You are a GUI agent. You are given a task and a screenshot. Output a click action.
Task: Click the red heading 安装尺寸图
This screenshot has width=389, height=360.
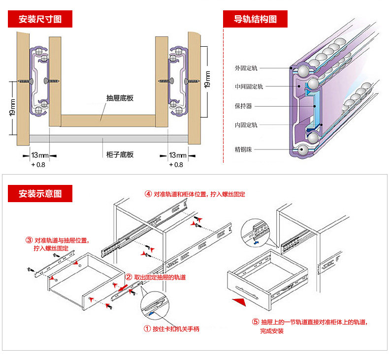(x=40, y=19)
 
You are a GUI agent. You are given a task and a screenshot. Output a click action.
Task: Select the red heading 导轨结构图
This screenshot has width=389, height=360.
(x=255, y=19)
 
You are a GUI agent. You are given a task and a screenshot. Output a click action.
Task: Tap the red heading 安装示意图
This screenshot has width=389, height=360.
(x=40, y=193)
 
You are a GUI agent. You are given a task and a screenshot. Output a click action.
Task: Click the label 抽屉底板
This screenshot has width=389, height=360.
(x=120, y=98)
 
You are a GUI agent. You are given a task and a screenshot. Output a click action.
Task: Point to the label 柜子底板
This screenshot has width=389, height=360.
(x=120, y=154)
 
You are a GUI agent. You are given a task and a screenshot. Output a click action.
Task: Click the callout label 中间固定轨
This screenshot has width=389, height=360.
(x=249, y=87)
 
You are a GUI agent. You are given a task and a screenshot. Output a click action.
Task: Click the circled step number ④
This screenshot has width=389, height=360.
(x=148, y=194)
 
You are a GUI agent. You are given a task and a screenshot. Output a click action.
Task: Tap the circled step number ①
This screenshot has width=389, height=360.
(x=147, y=329)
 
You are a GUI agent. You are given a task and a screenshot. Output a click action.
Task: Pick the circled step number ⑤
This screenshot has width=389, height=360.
(x=255, y=322)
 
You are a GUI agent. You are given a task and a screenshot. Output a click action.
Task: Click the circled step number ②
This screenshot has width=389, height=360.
(x=129, y=277)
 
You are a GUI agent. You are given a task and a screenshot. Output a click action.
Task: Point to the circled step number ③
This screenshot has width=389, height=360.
(x=29, y=240)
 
